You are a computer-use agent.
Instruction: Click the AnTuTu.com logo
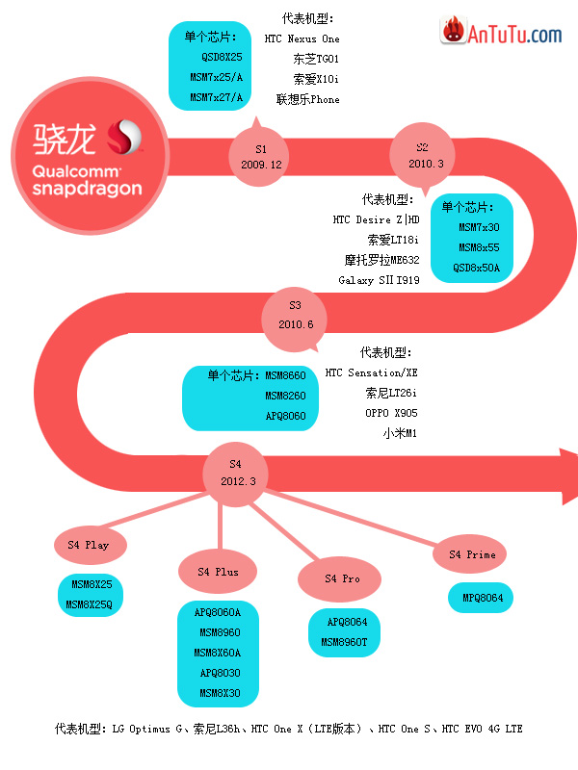501,32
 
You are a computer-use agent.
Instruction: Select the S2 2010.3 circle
423,155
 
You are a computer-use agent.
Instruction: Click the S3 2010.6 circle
295,320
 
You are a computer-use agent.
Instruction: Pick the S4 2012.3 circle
235,474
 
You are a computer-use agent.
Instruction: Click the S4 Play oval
91,545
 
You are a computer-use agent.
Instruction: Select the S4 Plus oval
218,572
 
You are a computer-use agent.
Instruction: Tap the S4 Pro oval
340,579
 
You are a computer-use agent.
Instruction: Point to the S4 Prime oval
470,554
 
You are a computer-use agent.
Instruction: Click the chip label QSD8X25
222,57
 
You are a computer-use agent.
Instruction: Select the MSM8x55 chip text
479,247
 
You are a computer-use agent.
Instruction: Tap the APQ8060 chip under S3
285,416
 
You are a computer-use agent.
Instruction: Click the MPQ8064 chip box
480,598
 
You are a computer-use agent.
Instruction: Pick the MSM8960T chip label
344,642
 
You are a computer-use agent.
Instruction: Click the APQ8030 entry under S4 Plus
221,673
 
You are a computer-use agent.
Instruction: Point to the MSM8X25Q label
89,604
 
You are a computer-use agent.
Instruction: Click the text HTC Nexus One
302,38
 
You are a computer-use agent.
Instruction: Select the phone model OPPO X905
391,413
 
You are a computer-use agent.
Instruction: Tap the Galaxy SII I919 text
379,280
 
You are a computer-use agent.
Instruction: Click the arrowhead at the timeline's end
569,475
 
